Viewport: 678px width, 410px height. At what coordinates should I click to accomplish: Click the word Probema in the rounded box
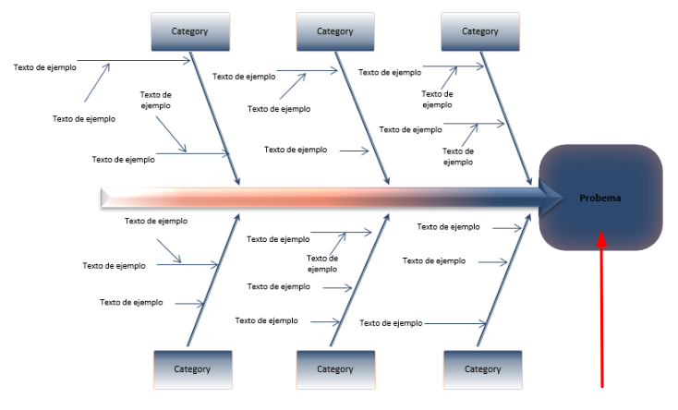click(x=600, y=198)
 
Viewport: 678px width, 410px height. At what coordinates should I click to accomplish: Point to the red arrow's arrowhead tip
click(x=602, y=234)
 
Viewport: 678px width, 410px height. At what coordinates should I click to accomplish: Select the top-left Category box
click(x=189, y=31)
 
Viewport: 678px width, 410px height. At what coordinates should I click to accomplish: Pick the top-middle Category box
click(x=334, y=31)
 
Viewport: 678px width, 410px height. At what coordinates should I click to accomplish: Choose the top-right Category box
click(x=479, y=31)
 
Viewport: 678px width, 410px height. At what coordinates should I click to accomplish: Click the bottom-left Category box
click(x=192, y=368)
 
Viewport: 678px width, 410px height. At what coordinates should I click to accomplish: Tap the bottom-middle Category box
click(x=334, y=368)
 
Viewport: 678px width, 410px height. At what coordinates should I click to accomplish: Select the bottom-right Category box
click(x=482, y=368)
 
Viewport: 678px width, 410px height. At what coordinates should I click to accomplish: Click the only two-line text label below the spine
click(x=322, y=264)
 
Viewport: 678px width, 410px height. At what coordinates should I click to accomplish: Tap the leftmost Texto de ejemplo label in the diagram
click(x=44, y=66)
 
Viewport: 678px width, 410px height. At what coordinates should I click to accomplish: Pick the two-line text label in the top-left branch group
click(x=155, y=100)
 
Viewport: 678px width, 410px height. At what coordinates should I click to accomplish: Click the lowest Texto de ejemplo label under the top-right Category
click(x=457, y=156)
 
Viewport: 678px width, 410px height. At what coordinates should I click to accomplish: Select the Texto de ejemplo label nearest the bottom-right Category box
click(x=391, y=323)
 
